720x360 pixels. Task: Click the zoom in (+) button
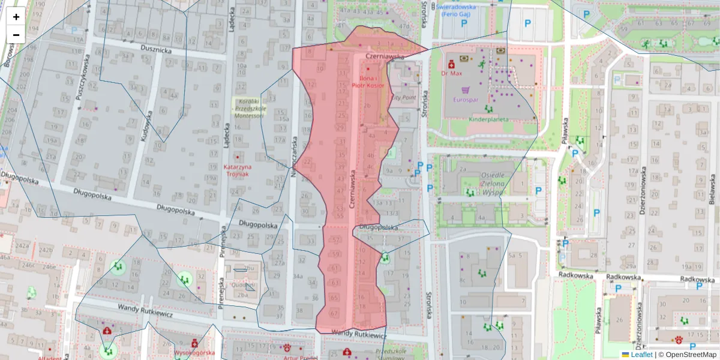pos(16,17)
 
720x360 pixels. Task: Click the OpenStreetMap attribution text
pos(689,355)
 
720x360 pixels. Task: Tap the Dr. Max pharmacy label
pos(451,73)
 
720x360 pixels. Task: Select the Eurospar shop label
pos(466,100)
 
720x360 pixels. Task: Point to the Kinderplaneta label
pos(488,119)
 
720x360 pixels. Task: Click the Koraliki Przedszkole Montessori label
pos(248,109)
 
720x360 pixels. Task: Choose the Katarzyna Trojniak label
pos(237,170)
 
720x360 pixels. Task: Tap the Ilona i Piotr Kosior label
pos(368,82)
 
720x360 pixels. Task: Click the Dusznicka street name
pos(156,51)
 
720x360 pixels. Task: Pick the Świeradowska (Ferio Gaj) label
pos(456,10)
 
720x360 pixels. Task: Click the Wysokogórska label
pos(194,353)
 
